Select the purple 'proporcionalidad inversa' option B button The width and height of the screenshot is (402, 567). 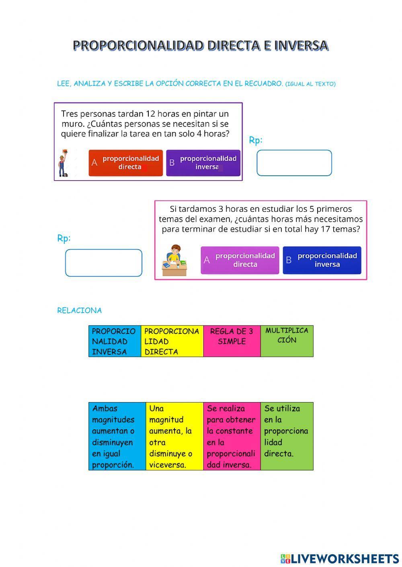[203, 163]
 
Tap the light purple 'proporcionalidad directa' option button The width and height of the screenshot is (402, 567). [240, 260]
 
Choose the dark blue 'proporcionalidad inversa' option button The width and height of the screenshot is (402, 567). [322, 260]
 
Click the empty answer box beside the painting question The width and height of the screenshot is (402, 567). [294, 163]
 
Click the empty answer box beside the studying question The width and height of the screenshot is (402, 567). [103, 263]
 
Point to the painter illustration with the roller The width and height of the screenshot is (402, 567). [63, 163]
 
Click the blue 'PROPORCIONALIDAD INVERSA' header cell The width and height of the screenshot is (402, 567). [115, 341]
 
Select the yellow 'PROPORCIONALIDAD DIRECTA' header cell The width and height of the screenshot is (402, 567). [172, 341]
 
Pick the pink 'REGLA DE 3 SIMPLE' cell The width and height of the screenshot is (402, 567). [232, 341]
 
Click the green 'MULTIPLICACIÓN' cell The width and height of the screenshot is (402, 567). [287, 341]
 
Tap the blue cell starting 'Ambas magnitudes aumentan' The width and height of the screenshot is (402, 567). [117, 436]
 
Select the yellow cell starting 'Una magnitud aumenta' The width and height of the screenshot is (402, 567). [174, 436]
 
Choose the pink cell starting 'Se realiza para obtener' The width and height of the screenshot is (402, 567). [232, 436]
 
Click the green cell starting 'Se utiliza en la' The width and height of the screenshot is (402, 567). [287, 436]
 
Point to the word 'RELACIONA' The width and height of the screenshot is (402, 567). [79, 311]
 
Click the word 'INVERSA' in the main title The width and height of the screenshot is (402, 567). [301, 46]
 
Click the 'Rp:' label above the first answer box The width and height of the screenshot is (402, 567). [256, 140]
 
